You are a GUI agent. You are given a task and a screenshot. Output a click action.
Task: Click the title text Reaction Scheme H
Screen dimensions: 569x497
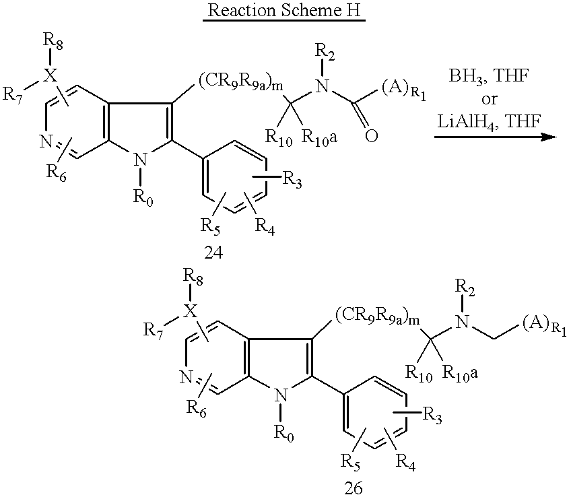(x=284, y=10)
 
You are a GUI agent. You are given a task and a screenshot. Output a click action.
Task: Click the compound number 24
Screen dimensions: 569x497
(x=213, y=253)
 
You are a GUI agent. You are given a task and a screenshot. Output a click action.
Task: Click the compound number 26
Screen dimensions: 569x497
(x=354, y=488)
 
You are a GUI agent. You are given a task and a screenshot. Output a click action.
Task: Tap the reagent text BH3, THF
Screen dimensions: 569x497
(x=489, y=77)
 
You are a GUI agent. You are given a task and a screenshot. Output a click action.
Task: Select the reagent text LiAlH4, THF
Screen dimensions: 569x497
(x=489, y=121)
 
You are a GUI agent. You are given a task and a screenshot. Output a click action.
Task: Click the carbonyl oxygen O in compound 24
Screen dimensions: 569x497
(x=371, y=135)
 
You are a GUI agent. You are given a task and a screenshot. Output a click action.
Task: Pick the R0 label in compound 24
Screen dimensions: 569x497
(x=143, y=198)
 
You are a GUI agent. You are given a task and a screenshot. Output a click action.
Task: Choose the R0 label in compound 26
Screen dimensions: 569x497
(x=283, y=433)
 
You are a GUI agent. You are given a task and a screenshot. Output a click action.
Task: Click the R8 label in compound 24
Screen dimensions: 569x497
(x=53, y=40)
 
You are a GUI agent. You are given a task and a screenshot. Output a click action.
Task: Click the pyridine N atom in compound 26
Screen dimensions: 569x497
(x=186, y=378)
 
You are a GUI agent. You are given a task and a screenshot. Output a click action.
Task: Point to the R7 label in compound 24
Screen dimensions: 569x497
(x=13, y=95)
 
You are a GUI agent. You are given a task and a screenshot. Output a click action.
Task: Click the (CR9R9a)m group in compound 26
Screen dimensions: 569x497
(x=377, y=318)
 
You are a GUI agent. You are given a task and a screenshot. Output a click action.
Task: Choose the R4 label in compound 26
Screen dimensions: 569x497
(x=405, y=462)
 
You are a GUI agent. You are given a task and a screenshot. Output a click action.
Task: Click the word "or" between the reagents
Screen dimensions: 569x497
(x=489, y=99)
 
